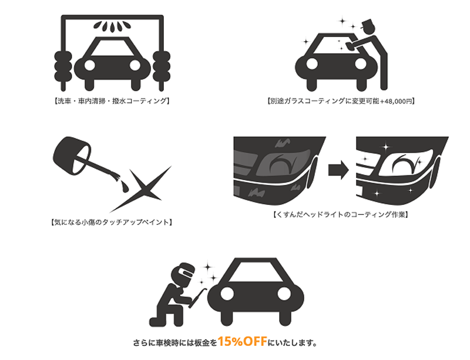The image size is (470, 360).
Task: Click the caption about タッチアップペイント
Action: pyautogui.click(x=111, y=223)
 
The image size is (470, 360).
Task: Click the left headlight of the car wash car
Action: pyautogui.click(x=90, y=65)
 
